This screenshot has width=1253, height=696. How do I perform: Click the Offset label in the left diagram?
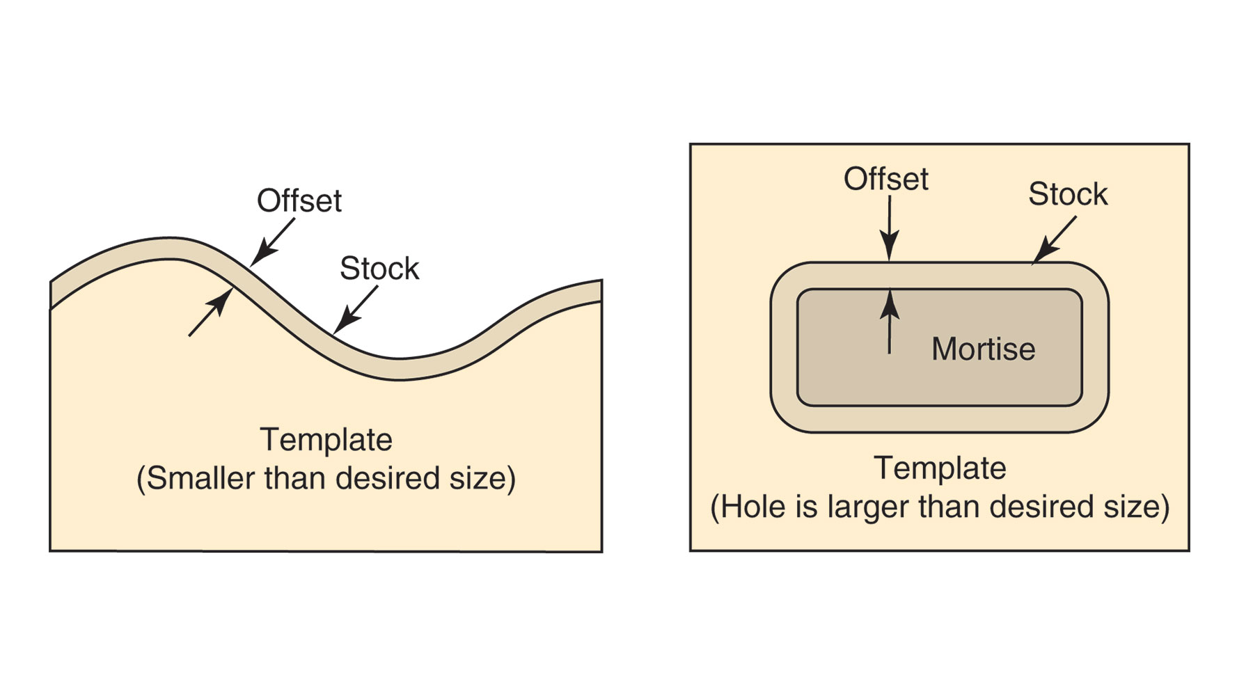tap(299, 201)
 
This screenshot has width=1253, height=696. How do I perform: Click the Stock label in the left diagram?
tap(379, 269)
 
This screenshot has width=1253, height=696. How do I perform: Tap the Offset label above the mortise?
tap(885, 180)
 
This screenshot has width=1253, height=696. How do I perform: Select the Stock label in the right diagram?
tap(1068, 194)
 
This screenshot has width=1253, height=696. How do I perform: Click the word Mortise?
tap(983, 349)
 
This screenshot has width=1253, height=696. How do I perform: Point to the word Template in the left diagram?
tap(326, 440)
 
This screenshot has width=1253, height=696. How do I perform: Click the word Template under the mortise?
tap(940, 468)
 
